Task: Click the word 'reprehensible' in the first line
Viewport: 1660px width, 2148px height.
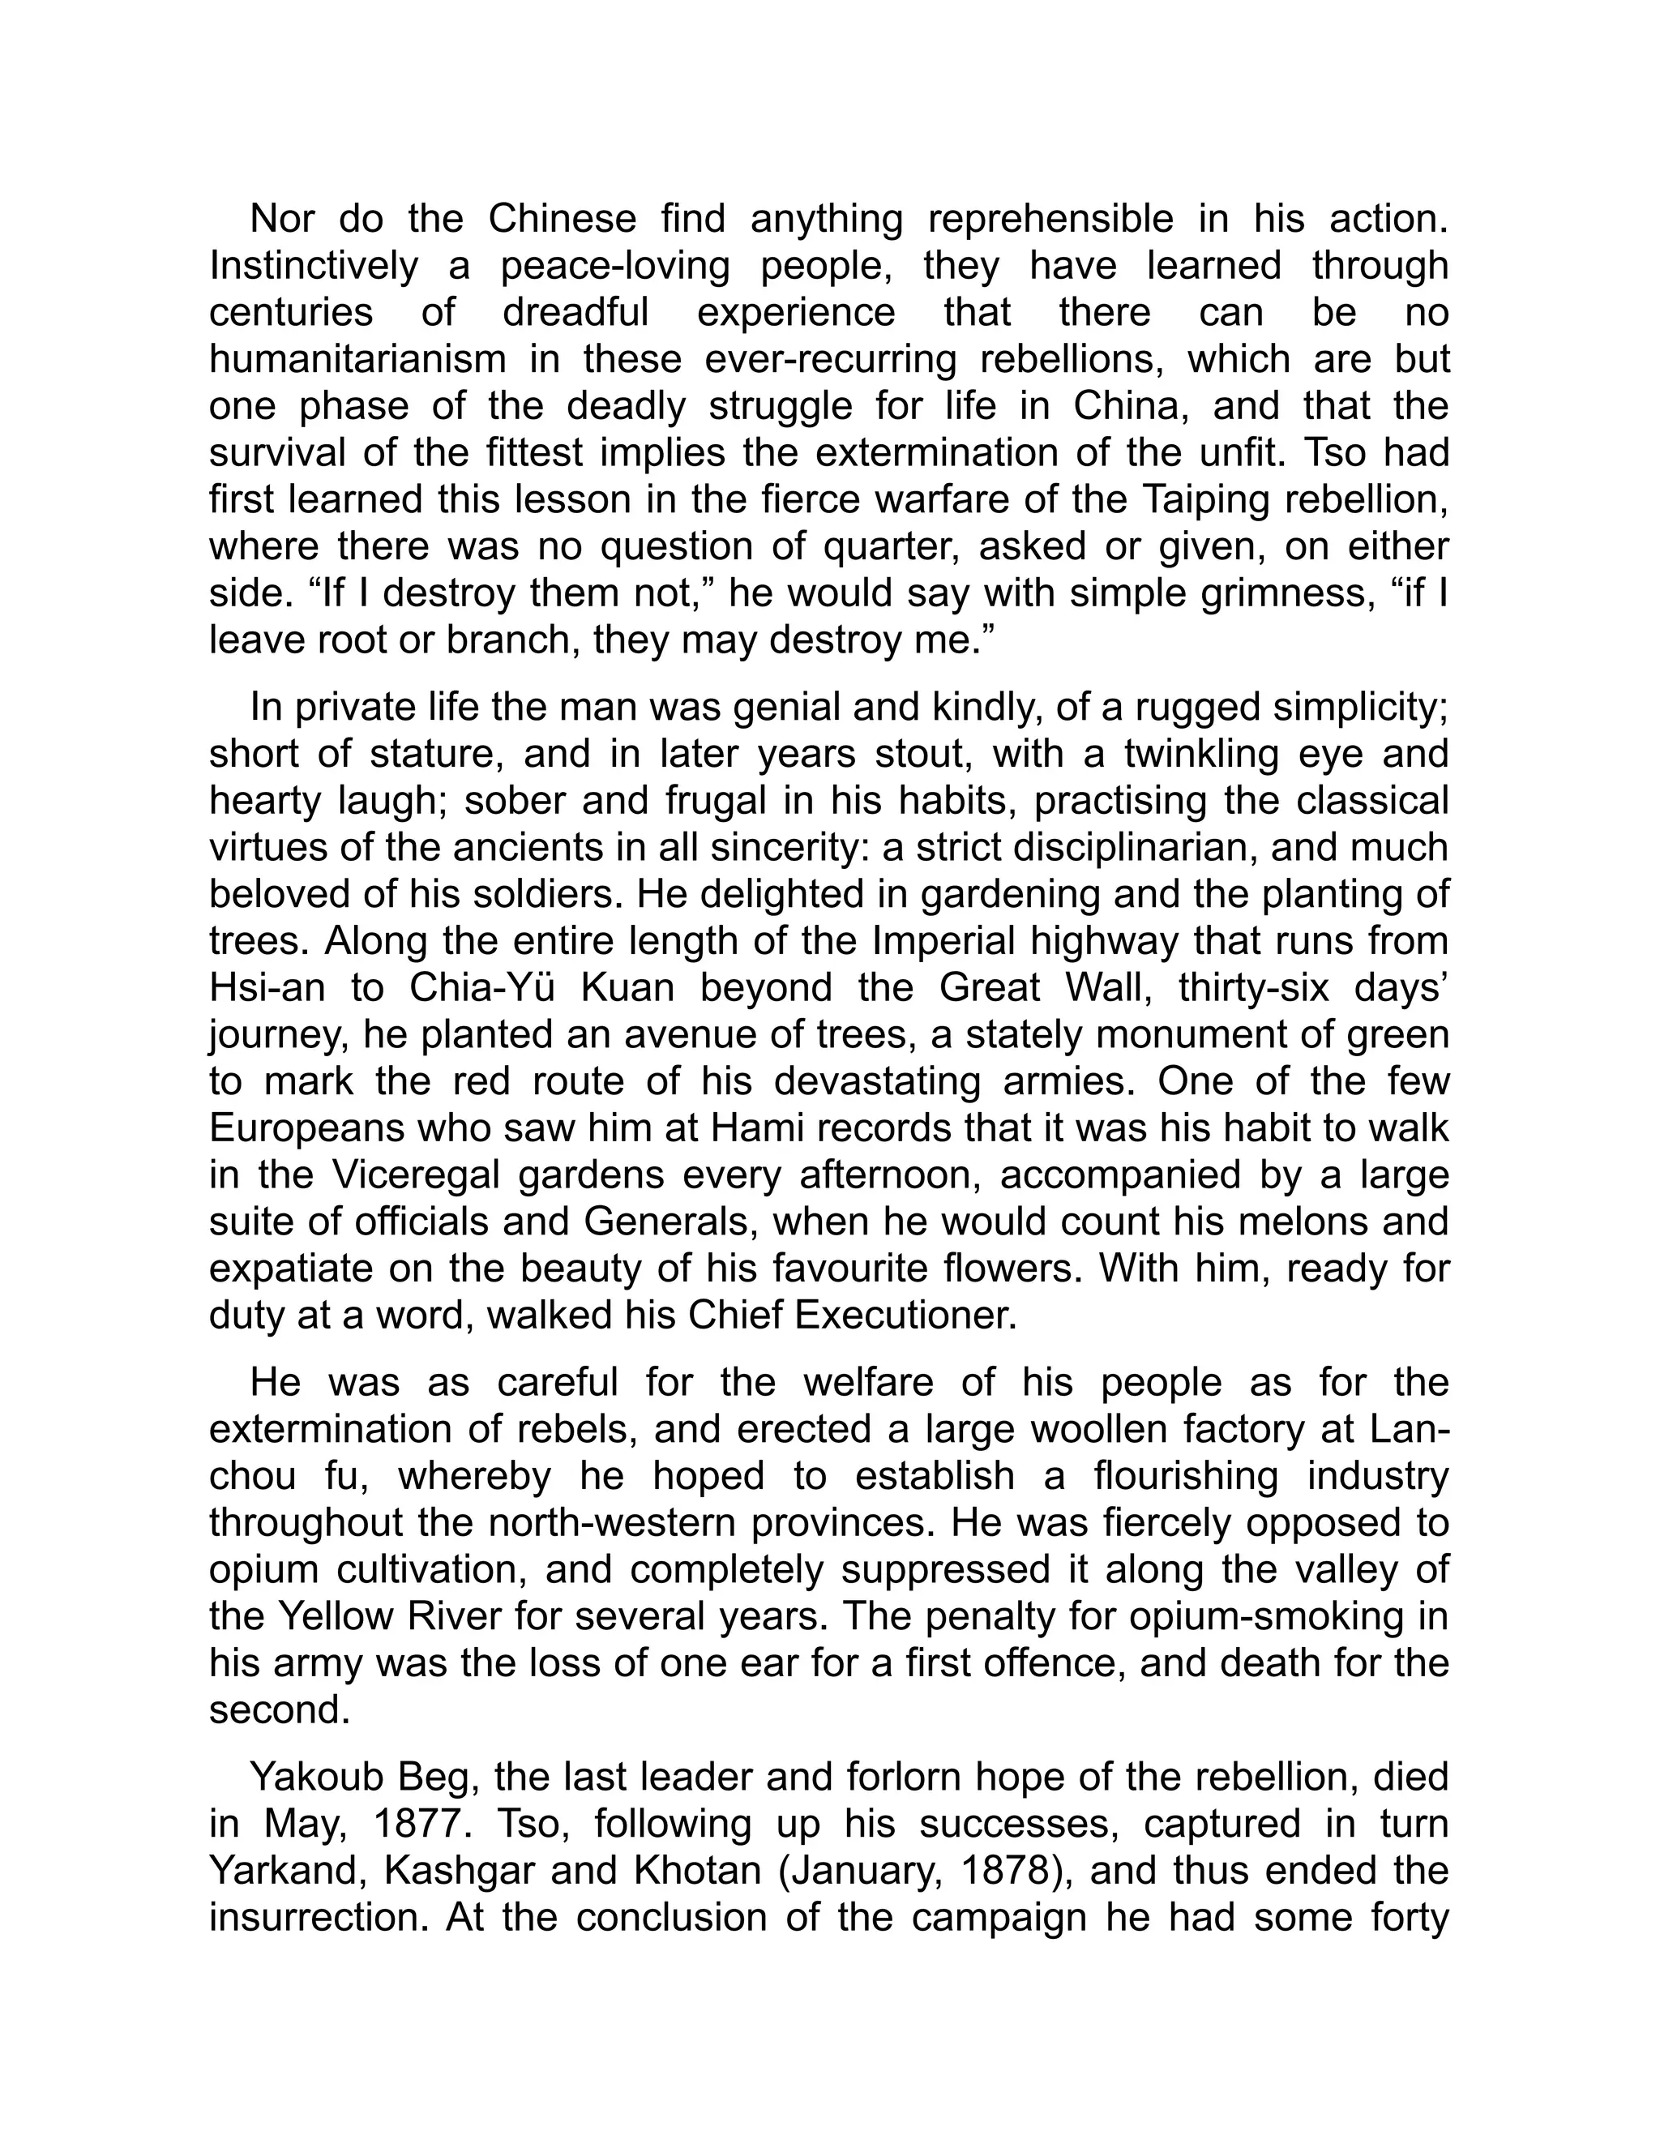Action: [1050, 218]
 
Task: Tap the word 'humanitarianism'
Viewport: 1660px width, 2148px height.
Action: [358, 359]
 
